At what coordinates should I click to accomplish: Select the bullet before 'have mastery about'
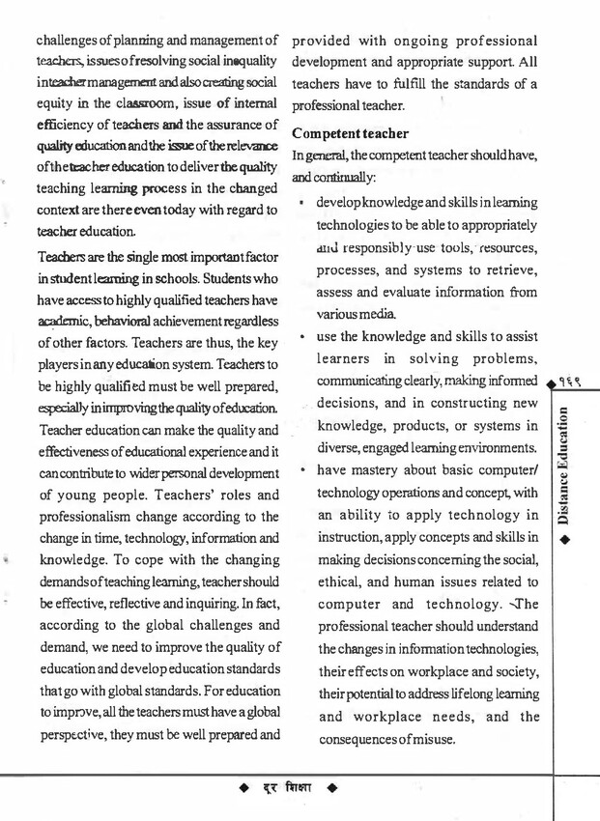point(303,471)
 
